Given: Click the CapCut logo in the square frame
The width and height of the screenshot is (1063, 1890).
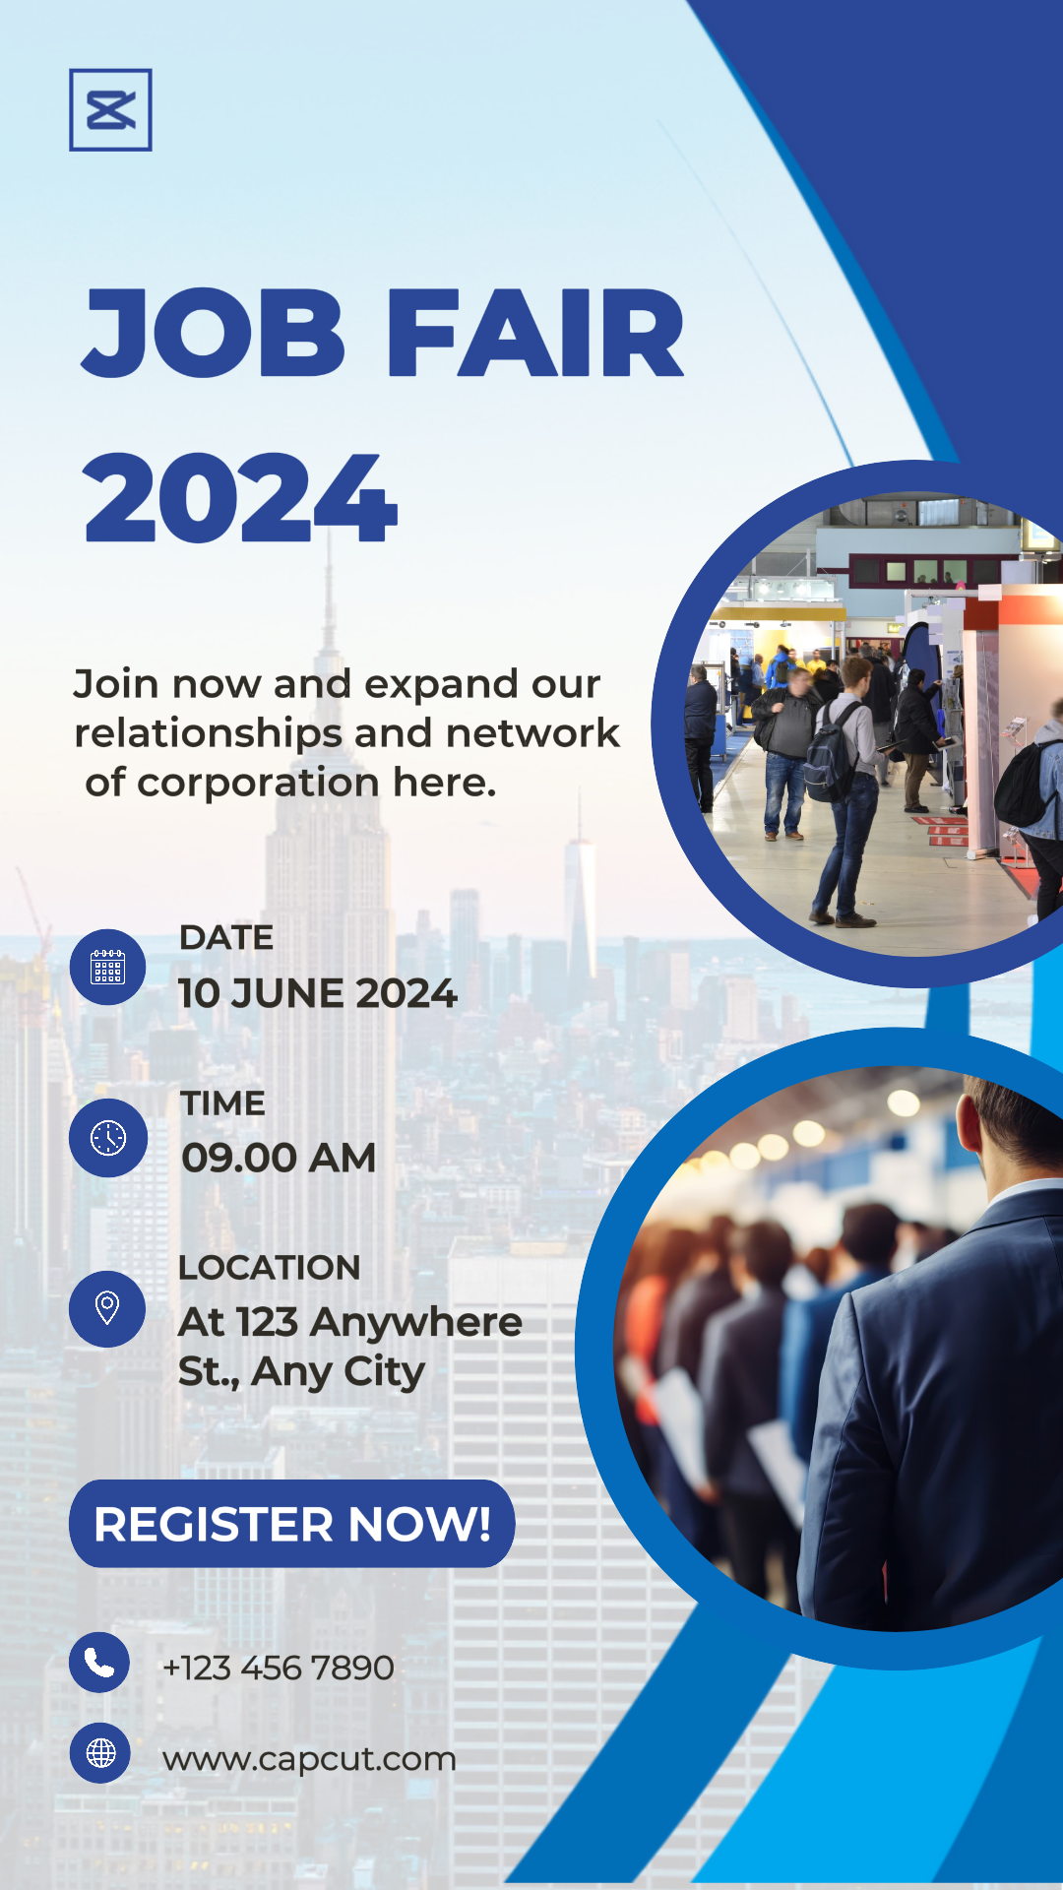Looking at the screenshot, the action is pyautogui.click(x=110, y=109).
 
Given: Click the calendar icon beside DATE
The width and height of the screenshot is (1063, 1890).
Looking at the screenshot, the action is pyautogui.click(x=108, y=967).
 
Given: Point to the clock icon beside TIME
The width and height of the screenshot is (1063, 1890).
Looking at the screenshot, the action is pyautogui.click(x=108, y=1138).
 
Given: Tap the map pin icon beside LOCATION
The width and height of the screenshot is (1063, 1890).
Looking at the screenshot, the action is pyautogui.click(x=107, y=1309).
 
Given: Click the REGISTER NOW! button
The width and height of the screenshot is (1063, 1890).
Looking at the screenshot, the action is pyautogui.click(x=292, y=1524).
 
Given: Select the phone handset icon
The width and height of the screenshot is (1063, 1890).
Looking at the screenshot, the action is pyautogui.click(x=99, y=1663).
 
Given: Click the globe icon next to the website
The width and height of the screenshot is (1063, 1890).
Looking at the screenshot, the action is pyautogui.click(x=100, y=1753).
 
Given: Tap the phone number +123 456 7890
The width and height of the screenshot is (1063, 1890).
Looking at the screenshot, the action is pyautogui.click(x=279, y=1668).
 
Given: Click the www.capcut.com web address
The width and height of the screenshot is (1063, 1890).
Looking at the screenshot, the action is pyautogui.click(x=309, y=1759).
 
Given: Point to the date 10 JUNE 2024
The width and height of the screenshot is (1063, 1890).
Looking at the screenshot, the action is pyautogui.click(x=318, y=993).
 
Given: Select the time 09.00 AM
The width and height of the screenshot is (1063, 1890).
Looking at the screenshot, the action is pyautogui.click(x=279, y=1158).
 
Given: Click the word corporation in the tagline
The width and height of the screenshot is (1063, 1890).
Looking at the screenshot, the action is pyautogui.click(x=259, y=784).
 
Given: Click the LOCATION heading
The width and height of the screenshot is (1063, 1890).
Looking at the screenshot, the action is pyautogui.click(x=270, y=1268).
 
